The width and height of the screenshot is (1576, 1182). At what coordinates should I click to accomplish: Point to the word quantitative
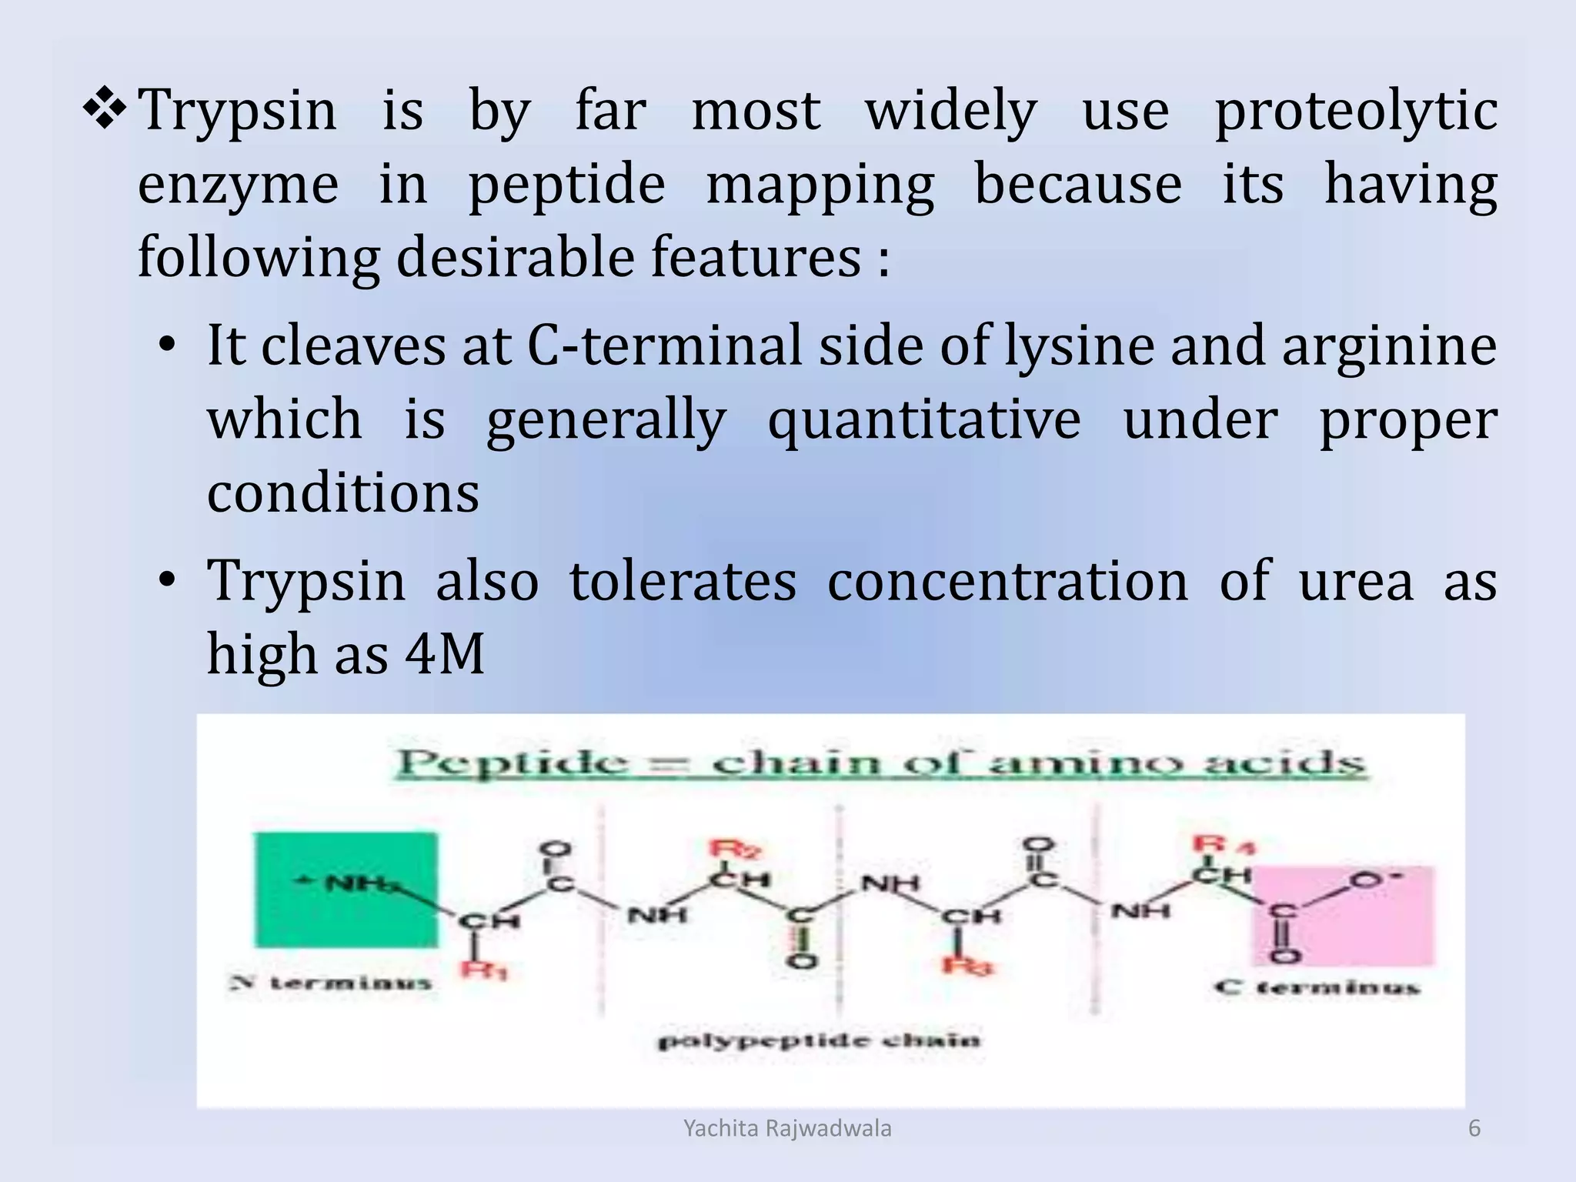click(923, 421)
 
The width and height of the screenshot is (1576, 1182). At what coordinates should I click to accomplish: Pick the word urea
click(1355, 581)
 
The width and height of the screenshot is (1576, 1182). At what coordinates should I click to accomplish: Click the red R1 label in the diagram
click(483, 970)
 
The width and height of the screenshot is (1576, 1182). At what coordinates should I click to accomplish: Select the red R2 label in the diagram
click(736, 850)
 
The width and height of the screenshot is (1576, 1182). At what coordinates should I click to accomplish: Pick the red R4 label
click(1223, 845)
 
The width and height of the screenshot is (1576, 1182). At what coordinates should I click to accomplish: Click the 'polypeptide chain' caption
click(818, 1041)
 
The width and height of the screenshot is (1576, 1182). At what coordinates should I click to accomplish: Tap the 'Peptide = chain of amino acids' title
click(880, 763)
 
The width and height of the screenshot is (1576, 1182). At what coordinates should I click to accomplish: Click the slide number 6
click(1474, 1128)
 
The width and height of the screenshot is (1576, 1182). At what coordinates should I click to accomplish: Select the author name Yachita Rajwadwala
click(787, 1128)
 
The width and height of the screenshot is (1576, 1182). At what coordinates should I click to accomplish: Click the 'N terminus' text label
click(331, 983)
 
